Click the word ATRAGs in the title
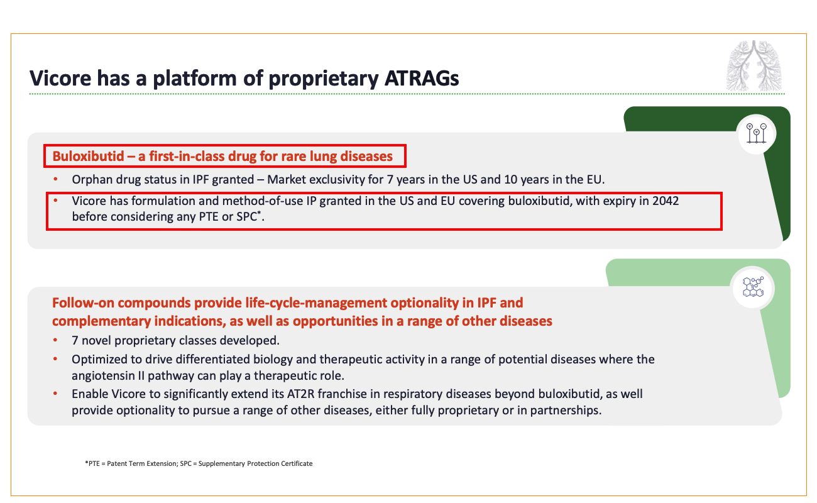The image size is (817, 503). coord(422,78)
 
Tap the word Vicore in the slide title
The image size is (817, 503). coord(60,78)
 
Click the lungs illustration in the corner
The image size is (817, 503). coord(754,65)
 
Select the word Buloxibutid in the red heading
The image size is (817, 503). coord(88,156)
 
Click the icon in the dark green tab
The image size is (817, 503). coord(757,133)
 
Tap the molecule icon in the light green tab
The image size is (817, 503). coord(753,287)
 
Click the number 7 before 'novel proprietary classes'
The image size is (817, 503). coord(75,341)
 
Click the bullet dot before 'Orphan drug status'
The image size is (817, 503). coord(55,179)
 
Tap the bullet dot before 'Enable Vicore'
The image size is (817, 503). coord(55,394)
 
